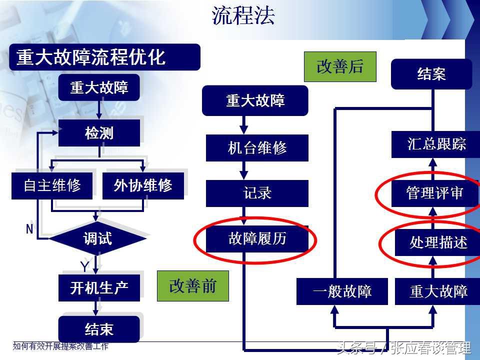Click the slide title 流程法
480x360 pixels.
(243, 16)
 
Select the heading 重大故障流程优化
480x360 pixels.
(91, 57)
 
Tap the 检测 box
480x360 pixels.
(99, 133)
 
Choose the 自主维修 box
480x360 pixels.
(52, 185)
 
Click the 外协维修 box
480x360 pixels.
(143, 185)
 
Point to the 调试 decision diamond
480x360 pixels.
(98, 239)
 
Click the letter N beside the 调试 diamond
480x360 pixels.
(29, 229)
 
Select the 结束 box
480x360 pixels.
(99, 329)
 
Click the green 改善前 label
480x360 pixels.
(192, 286)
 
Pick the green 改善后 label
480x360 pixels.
(340, 66)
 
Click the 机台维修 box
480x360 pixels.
(257, 148)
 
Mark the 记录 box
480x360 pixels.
(257, 193)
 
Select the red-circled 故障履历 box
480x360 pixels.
(257, 238)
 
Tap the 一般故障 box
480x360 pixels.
(342, 291)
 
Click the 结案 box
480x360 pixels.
(431, 74)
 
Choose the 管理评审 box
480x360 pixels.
(434, 193)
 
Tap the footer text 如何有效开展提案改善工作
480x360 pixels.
(60, 346)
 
